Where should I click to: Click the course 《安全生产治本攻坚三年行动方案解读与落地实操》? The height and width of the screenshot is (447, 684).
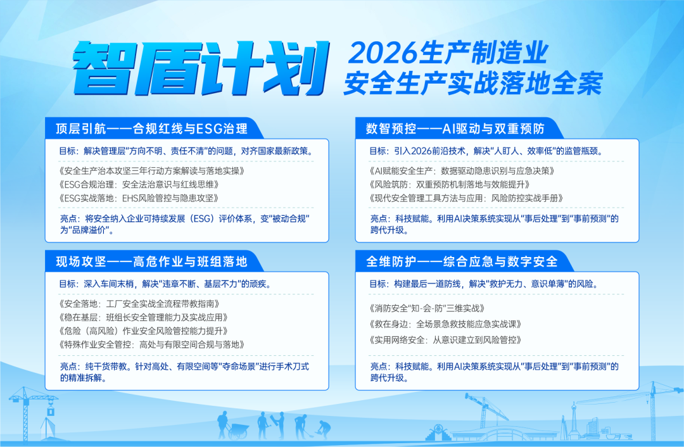click(x=151, y=171)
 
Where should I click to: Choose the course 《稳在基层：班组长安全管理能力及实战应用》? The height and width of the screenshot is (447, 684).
click(x=142, y=317)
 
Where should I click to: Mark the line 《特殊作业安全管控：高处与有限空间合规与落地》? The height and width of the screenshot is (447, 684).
click(x=151, y=344)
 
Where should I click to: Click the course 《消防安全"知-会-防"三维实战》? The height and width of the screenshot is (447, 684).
click(x=426, y=308)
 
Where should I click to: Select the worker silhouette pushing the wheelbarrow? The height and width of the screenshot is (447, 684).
click(x=222, y=423)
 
